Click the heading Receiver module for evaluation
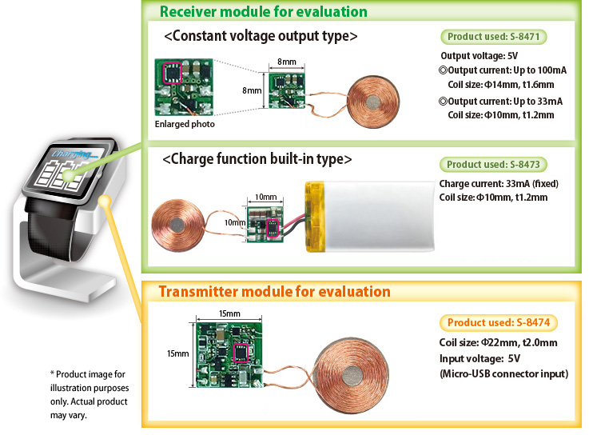(x=263, y=12)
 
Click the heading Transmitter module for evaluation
(x=274, y=291)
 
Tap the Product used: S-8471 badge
(x=494, y=37)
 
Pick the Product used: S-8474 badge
(x=499, y=323)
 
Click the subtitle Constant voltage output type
(x=260, y=37)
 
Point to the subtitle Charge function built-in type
(x=257, y=159)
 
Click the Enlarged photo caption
(x=185, y=125)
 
